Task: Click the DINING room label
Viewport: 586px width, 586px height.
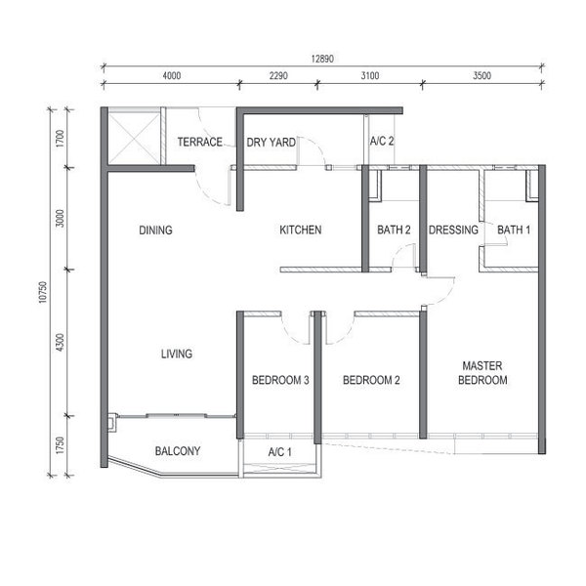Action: coord(155,230)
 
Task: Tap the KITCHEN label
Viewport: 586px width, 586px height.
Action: coord(301,230)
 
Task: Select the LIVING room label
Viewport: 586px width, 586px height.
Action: coord(177,354)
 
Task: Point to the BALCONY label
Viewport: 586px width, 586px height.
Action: coord(178,451)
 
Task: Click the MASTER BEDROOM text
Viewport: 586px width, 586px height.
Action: coord(482,373)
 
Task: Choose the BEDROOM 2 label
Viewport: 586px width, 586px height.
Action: coord(371,380)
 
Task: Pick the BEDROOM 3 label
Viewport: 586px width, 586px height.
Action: coord(280,380)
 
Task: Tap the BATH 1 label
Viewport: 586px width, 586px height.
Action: coord(514,230)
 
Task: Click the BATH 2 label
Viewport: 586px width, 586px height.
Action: coord(394,230)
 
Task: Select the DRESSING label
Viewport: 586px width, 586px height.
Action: coord(453,230)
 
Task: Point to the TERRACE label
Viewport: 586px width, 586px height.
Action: coord(200,142)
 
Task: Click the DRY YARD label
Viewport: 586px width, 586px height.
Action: coord(271,142)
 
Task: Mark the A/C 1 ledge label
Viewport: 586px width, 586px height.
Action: coord(279,452)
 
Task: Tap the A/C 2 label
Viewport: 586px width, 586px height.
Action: coord(382,142)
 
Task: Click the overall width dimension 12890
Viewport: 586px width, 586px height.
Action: coord(322,59)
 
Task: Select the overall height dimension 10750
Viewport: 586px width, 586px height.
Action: coord(43,292)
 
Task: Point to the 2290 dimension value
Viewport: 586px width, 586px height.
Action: coord(278,76)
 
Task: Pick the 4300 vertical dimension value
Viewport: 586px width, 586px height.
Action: coord(60,343)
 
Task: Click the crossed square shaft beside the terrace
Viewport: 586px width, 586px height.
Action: coord(135,138)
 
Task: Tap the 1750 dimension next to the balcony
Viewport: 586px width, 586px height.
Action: coord(60,445)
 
